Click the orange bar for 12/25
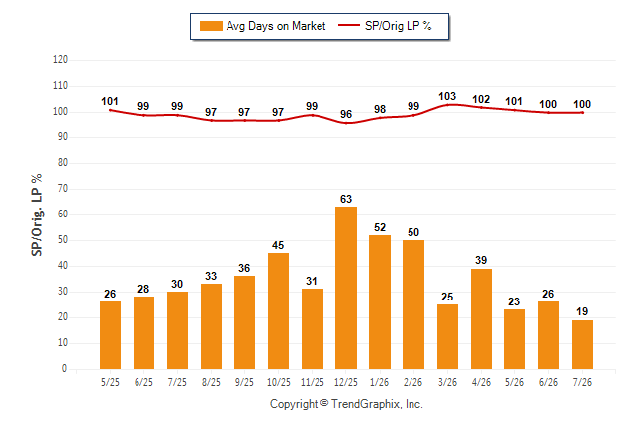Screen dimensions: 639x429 [346, 288]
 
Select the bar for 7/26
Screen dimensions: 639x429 [582, 344]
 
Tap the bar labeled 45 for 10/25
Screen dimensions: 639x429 [278, 310]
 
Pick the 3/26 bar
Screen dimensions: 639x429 [447, 336]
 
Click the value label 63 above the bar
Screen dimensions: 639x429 [346, 199]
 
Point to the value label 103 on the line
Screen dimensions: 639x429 [447, 96]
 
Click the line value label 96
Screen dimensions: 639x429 [346, 114]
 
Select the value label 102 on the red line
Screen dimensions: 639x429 [481, 99]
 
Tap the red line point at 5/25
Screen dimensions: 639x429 [110, 110]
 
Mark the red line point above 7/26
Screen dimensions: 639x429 [582, 113]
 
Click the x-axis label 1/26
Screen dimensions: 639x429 [380, 382]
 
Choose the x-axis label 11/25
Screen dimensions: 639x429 [313, 382]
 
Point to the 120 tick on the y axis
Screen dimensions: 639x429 [60, 60]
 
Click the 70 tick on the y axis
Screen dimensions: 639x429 [63, 189]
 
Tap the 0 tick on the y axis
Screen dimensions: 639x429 [65, 369]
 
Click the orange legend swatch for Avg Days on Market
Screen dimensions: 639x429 [211, 26]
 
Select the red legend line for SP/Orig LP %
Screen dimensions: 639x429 [349, 26]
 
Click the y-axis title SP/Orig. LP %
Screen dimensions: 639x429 [37, 214]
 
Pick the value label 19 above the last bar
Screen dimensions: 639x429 [582, 311]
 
